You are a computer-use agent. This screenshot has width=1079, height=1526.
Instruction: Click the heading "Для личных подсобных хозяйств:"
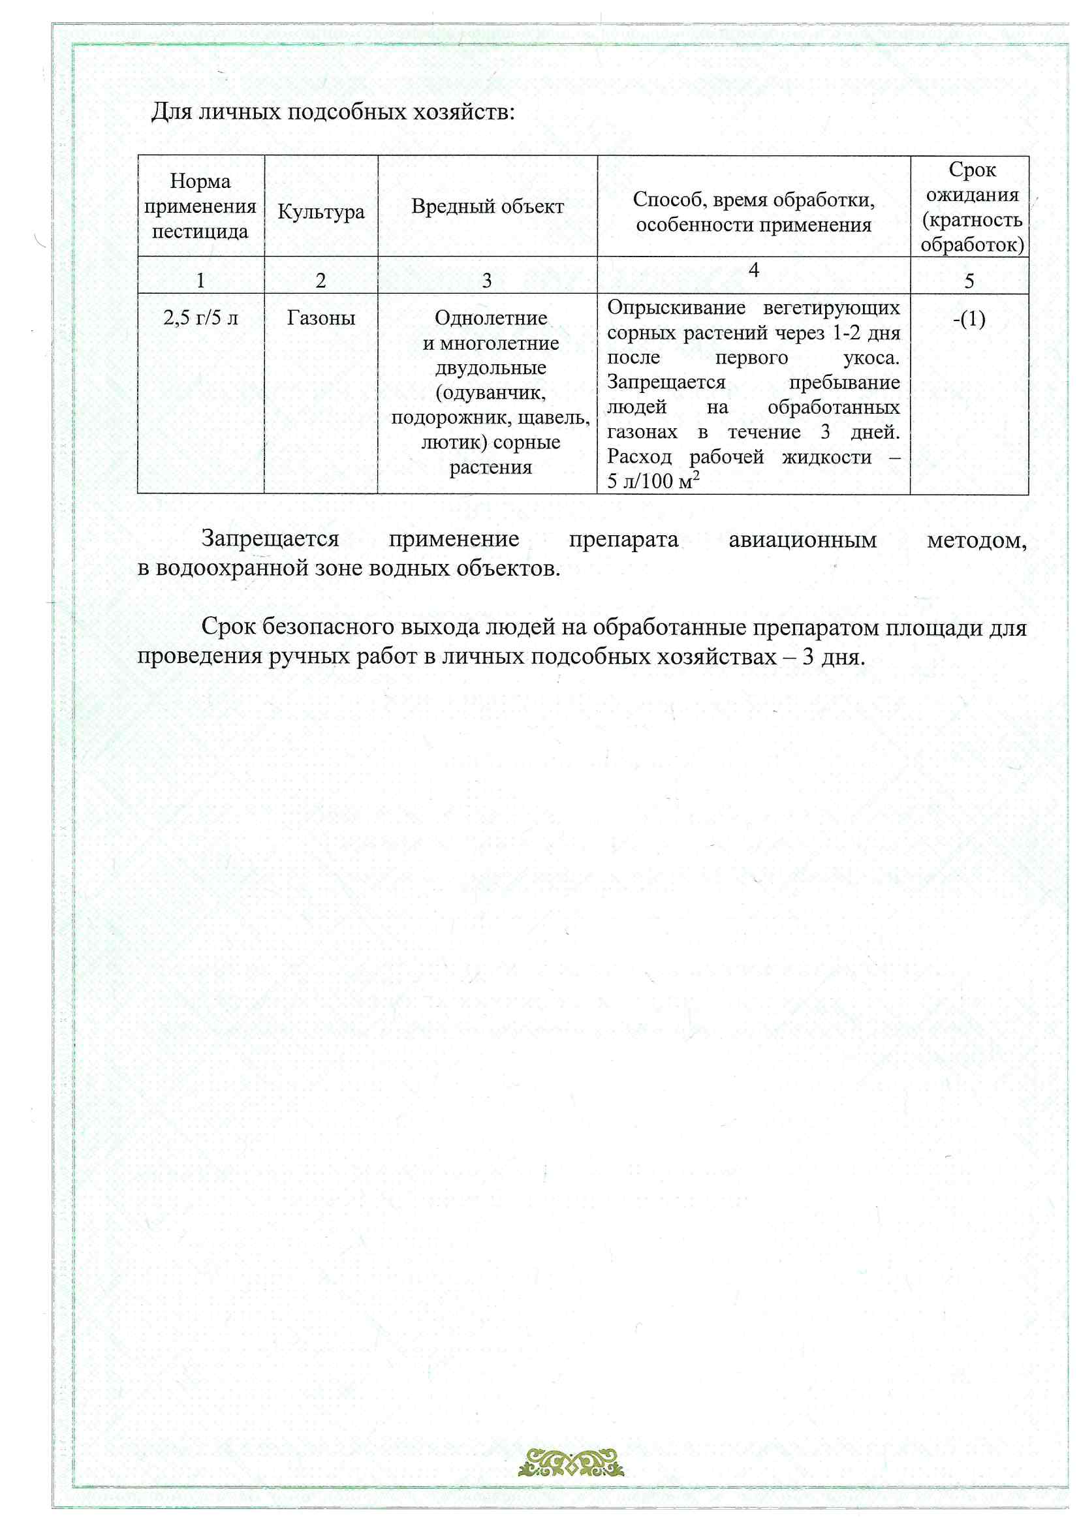tap(332, 112)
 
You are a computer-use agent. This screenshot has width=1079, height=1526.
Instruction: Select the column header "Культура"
tap(321, 211)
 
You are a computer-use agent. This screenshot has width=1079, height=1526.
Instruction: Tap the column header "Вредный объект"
tap(488, 206)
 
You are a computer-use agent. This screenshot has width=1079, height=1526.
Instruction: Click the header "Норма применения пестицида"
tap(200, 206)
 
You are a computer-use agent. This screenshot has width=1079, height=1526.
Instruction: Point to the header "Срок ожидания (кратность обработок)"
tap(971, 207)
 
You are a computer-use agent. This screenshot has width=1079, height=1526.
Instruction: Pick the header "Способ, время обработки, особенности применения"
tap(753, 211)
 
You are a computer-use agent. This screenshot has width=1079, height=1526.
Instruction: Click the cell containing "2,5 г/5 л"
tap(200, 318)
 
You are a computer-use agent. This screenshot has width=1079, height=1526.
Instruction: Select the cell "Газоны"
tap(321, 318)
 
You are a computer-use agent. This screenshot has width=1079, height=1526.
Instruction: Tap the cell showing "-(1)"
tap(969, 319)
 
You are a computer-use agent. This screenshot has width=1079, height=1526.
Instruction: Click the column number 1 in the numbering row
tap(200, 281)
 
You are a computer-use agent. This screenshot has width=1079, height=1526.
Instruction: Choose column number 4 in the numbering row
tap(753, 270)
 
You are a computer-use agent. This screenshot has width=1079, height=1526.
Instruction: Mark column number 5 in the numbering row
tap(969, 281)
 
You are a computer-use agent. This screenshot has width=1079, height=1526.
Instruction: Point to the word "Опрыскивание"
tap(676, 307)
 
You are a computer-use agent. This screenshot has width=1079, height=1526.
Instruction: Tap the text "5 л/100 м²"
tap(653, 480)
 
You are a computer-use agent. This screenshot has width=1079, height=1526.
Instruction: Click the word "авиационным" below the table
tap(802, 540)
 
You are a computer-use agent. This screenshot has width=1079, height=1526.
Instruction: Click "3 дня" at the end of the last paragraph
tap(832, 657)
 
